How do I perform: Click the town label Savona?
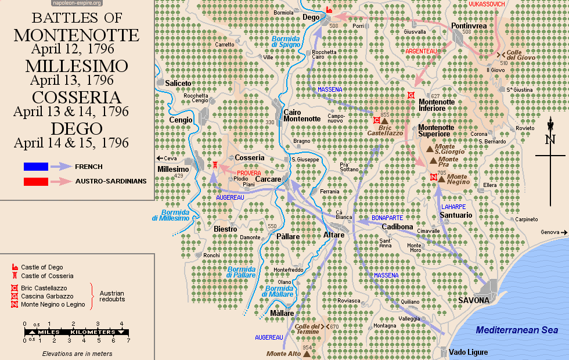pos(474,300)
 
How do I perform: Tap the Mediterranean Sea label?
pos(517,330)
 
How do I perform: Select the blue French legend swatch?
pos(36,167)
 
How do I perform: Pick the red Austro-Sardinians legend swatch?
pos(36,181)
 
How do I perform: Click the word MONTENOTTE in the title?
pos(77,35)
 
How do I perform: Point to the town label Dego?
pos(311,18)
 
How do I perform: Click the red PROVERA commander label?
pos(248,173)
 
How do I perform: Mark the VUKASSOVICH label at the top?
pos(487,4)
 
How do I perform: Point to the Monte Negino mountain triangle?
pos(442,179)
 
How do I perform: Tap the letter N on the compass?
pos(550,139)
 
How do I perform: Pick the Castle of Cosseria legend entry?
pos(47,276)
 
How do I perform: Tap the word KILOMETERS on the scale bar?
pos(93,332)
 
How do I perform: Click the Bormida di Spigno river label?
pos(286,42)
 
